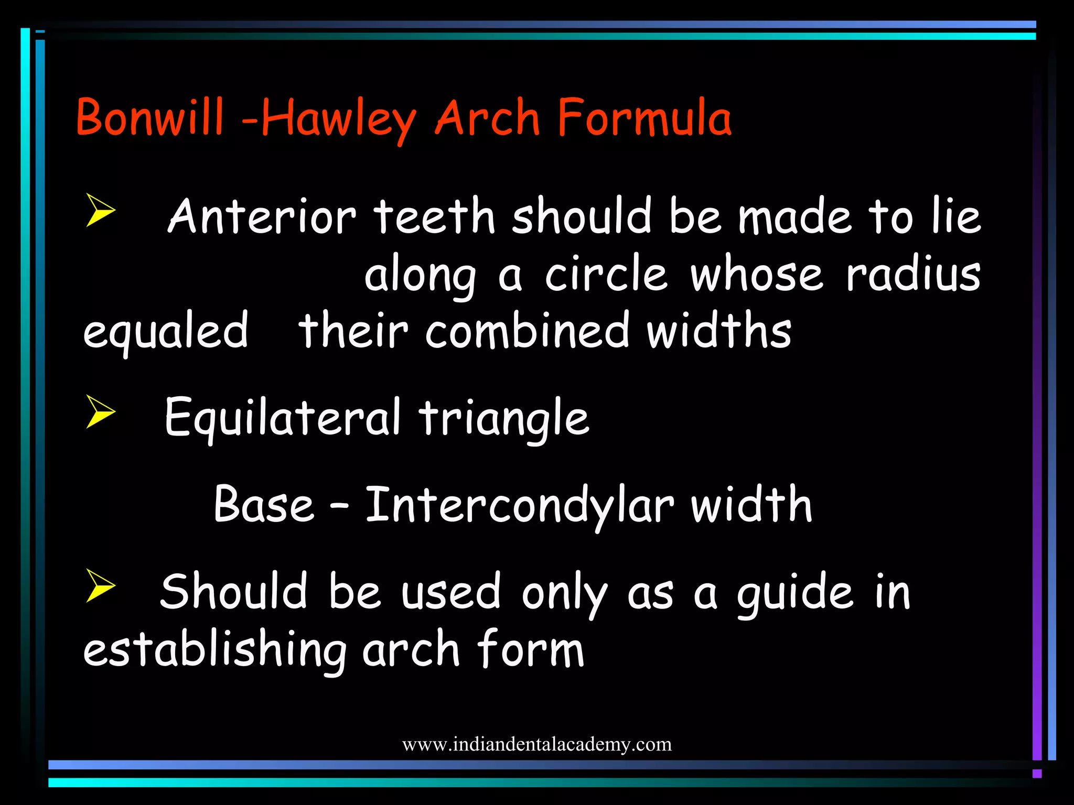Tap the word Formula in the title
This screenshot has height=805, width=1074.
point(644,117)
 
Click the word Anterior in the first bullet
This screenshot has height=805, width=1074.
point(262,216)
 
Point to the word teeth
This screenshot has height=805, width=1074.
point(435,216)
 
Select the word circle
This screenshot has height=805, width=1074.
point(606,274)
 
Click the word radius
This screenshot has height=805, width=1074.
point(913,274)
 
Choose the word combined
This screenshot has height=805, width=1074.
point(527,331)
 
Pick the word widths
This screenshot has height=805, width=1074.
point(719,331)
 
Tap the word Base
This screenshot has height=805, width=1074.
point(264,504)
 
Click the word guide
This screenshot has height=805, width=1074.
point(794,593)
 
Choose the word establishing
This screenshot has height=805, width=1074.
point(215,650)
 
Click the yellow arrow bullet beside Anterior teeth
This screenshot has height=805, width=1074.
point(100,210)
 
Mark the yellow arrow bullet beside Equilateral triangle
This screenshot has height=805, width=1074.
point(100,411)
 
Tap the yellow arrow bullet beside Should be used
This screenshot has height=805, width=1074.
point(100,585)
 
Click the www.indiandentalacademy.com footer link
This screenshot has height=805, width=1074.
point(537,744)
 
